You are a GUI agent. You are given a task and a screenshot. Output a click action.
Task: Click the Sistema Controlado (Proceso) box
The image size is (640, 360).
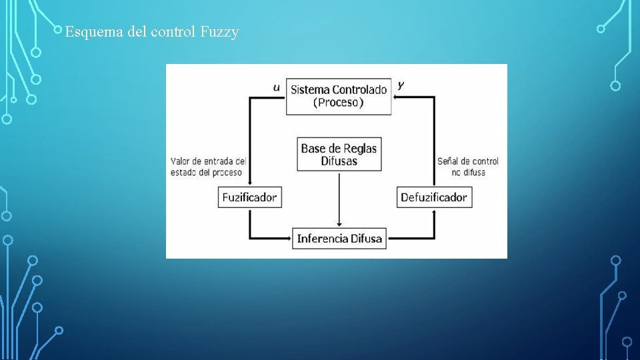(x=339, y=97)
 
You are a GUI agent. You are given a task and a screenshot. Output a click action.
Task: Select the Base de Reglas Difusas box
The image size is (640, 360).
(x=339, y=154)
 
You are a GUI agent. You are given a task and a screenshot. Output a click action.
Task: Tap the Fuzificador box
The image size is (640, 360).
(x=249, y=197)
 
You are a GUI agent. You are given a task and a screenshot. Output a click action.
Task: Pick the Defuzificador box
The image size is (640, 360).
(x=434, y=197)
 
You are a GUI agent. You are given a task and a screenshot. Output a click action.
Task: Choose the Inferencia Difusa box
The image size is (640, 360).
(x=340, y=238)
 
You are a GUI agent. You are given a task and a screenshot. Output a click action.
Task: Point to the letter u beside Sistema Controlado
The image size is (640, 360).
(x=277, y=87)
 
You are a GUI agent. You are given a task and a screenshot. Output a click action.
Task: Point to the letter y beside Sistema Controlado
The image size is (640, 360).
(x=401, y=85)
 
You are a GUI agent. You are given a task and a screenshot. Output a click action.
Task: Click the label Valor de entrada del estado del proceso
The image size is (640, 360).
(x=208, y=167)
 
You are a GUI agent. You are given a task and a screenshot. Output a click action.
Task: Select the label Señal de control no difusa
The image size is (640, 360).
(x=467, y=167)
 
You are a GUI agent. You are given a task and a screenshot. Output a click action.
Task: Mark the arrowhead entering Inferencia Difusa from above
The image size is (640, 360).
(x=339, y=224)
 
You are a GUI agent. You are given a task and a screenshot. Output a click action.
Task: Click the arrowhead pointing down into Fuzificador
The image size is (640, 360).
(x=249, y=183)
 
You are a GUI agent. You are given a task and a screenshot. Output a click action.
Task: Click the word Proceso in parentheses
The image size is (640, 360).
(x=339, y=103)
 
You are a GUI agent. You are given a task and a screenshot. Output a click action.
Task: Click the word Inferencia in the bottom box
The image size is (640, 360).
(x=322, y=238)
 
